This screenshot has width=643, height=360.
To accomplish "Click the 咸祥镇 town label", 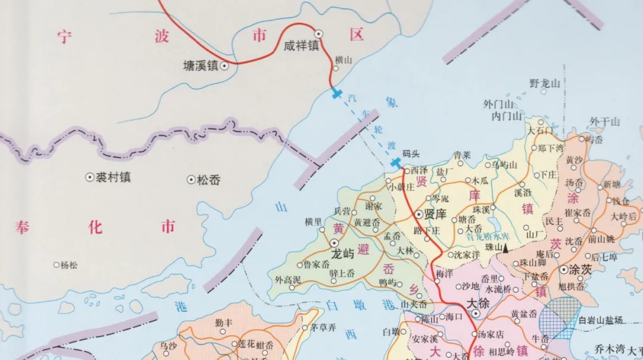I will click(302, 45).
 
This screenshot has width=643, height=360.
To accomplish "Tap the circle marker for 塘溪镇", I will click(224, 66).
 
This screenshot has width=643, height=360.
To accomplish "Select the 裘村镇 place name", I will click(113, 177).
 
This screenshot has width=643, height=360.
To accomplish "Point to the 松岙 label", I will click(208, 179).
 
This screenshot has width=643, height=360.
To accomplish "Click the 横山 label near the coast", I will click(344, 60).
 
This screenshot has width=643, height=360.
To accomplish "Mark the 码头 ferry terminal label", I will click(411, 154).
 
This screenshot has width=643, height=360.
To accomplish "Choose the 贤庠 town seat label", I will click(433, 214).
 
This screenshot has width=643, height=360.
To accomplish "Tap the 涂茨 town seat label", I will click(580, 270).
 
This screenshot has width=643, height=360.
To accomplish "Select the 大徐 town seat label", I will click(477, 302).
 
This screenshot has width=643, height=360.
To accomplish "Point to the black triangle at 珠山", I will click(505, 248).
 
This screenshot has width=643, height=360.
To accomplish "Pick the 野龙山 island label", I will click(545, 84).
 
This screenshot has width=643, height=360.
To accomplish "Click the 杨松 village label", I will click(69, 265).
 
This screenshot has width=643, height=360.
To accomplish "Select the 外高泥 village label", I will click(288, 279).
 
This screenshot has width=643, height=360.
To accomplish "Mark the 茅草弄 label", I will click(324, 327).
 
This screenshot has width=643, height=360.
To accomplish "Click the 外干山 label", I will click(605, 121).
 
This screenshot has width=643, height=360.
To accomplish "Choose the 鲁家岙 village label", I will click(317, 265).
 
